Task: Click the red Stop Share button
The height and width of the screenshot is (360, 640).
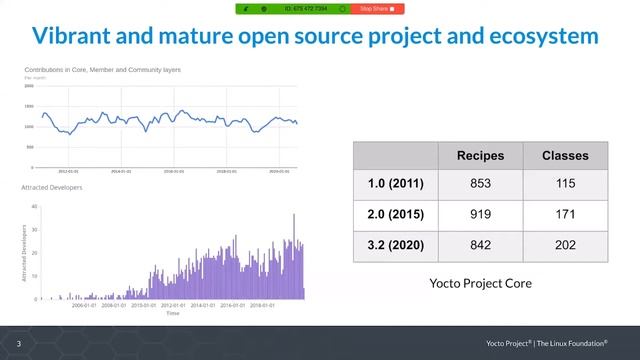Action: click(x=377, y=9)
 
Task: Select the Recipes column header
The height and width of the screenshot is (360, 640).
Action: click(x=480, y=156)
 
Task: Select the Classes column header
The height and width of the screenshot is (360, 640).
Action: click(x=565, y=156)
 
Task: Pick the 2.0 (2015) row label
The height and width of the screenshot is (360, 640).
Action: click(x=396, y=215)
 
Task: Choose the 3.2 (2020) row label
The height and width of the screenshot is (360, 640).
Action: click(x=396, y=246)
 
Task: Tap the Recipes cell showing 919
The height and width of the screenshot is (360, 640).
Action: click(x=480, y=215)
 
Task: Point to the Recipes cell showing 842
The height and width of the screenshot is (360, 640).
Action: click(x=480, y=246)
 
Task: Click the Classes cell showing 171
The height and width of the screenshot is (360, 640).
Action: click(x=565, y=215)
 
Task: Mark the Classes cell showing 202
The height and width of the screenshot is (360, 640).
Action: click(x=565, y=246)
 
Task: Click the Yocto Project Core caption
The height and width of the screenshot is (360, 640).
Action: click(x=480, y=283)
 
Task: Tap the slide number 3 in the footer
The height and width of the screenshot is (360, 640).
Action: click(x=18, y=344)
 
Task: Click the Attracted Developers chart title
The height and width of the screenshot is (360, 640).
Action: click(x=52, y=188)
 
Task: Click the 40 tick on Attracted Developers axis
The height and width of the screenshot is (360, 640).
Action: click(x=35, y=207)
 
